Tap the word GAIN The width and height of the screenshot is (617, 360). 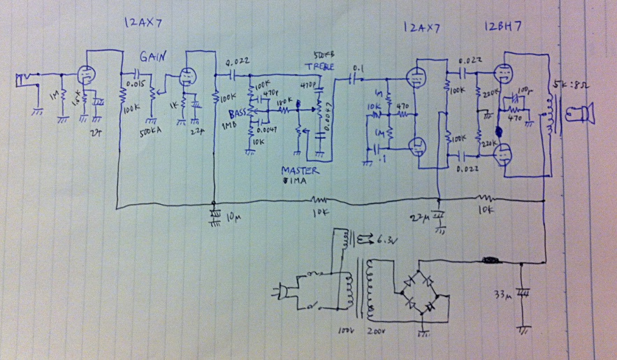[152, 56]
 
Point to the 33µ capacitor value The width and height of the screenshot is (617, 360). [504, 293]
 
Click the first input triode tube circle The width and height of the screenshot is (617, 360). [84, 75]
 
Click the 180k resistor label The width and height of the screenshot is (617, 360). [283, 102]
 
